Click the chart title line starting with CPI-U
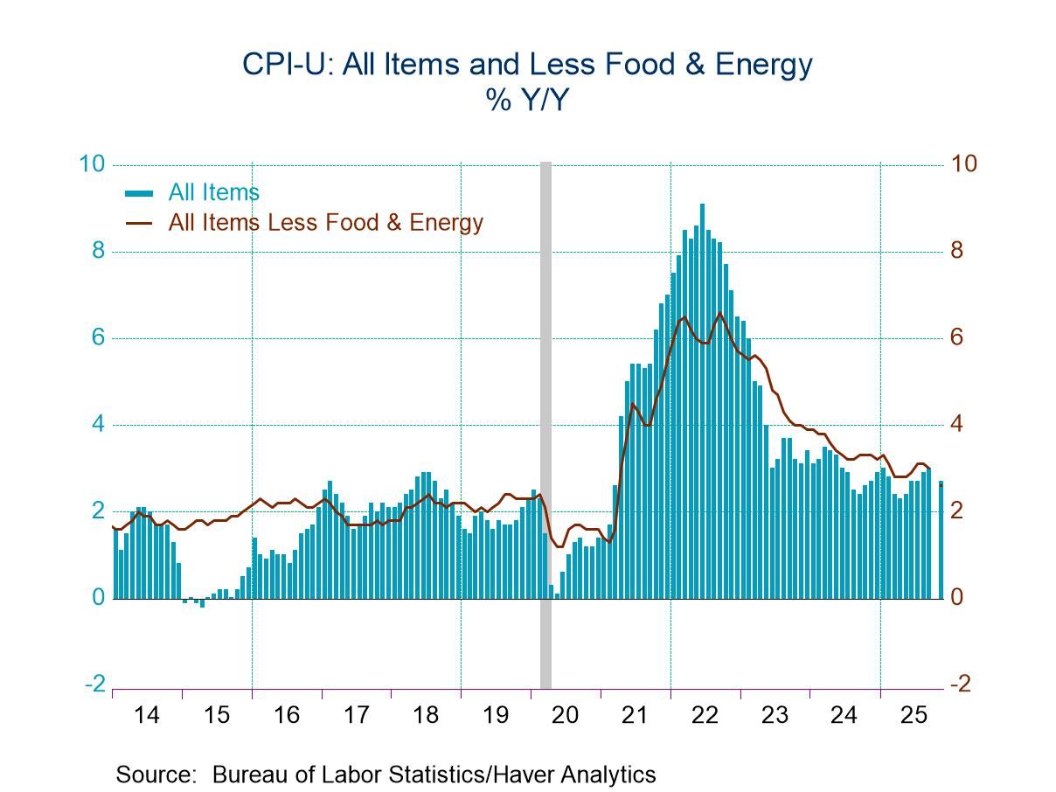(528, 64)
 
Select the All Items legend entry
(213, 192)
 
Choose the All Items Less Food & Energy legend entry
(325, 222)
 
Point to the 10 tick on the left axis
(93, 164)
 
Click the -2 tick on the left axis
(94, 684)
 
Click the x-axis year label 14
(147, 715)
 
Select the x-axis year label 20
(566, 715)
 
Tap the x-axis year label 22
(705, 715)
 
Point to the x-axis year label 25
(914, 715)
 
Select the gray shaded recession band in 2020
(545, 420)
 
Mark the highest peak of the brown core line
(719, 313)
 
